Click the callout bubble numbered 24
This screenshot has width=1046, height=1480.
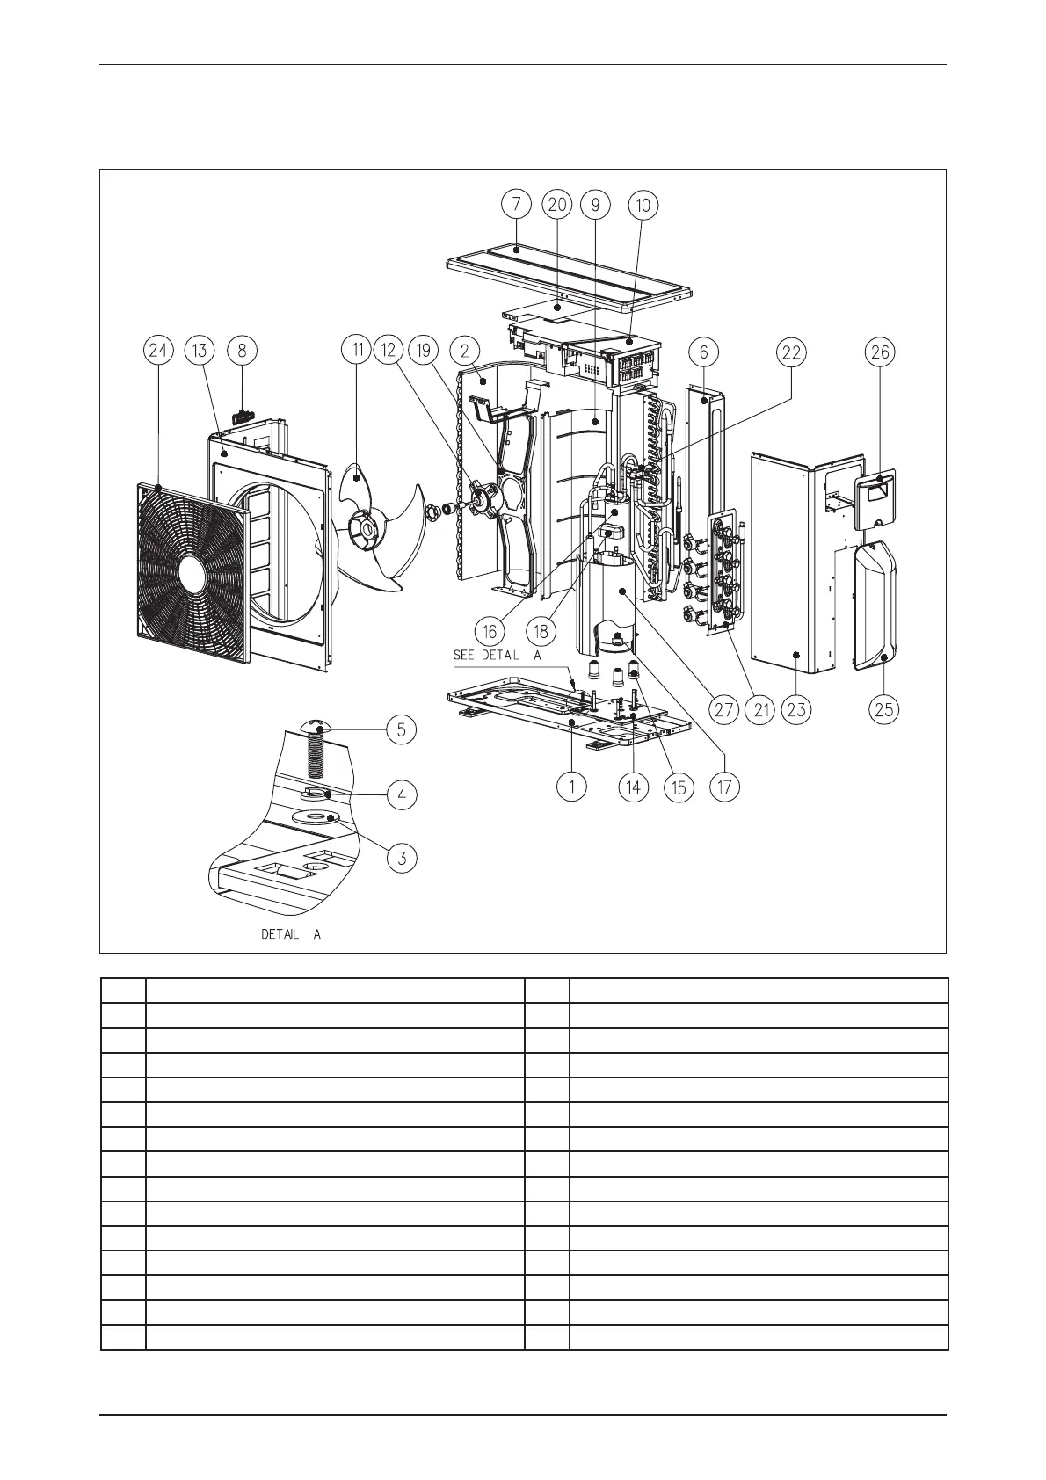tap(158, 352)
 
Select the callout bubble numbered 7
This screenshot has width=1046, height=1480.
tap(516, 205)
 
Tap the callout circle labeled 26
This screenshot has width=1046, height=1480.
tap(880, 352)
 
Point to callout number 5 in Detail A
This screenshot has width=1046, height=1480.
tap(401, 729)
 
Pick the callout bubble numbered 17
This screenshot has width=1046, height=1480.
tap(724, 786)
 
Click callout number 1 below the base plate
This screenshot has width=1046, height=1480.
tap(572, 786)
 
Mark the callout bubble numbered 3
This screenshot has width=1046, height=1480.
tap(402, 857)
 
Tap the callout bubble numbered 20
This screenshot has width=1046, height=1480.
tap(556, 205)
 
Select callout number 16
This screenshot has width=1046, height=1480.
tap(490, 630)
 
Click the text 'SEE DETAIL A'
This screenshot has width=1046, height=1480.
tap(498, 655)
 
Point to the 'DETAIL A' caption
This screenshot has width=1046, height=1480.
tap(291, 934)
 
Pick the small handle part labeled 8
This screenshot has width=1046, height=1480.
tap(243, 411)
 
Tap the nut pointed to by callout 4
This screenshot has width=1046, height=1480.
tap(315, 794)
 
